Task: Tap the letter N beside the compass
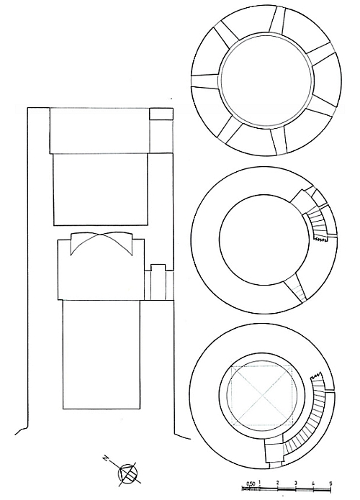(x=105, y=458)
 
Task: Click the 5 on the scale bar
(x=330, y=483)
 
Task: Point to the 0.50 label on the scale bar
(x=251, y=483)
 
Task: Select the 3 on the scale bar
(x=295, y=483)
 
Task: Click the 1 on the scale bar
(x=260, y=482)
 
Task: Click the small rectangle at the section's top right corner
(x=161, y=114)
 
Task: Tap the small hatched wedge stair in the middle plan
(x=298, y=288)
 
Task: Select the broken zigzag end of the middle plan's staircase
(x=320, y=239)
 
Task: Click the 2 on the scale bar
(x=277, y=483)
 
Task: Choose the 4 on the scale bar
(x=313, y=483)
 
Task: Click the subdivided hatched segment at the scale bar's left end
(x=251, y=488)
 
